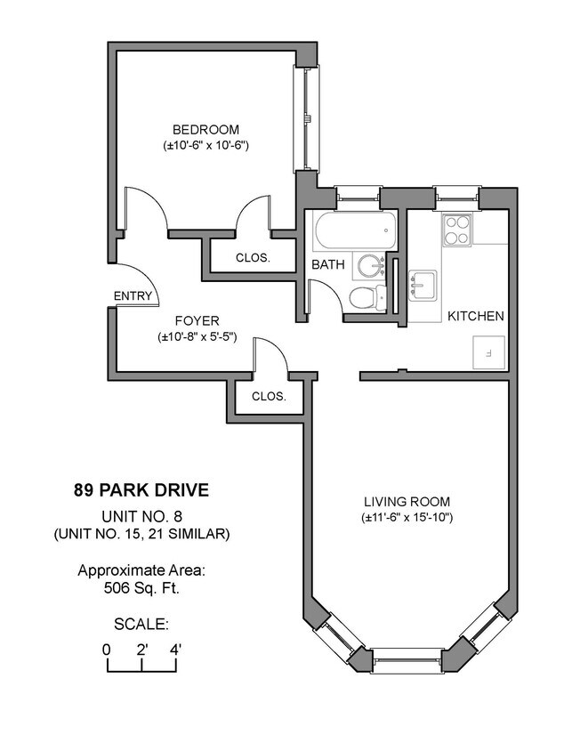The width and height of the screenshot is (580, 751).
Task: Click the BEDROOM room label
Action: tap(205, 128)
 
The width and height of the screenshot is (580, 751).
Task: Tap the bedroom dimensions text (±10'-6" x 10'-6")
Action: tap(205, 144)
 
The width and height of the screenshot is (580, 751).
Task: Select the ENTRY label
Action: tap(133, 297)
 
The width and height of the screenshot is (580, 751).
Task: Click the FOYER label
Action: tap(197, 320)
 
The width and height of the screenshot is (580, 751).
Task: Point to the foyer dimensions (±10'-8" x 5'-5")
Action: tap(197, 336)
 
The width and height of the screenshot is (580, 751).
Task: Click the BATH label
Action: tap(327, 264)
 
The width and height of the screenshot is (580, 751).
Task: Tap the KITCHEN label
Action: tap(475, 316)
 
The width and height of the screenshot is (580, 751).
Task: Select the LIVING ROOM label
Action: tap(408, 501)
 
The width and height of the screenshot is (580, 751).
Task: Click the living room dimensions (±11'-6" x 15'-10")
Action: tap(408, 517)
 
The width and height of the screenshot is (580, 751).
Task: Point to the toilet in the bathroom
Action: tap(366, 298)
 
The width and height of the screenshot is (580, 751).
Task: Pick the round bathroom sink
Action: tap(369, 265)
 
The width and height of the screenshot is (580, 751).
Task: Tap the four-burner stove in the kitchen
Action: tap(457, 230)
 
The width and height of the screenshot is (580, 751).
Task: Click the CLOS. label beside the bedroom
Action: tap(253, 258)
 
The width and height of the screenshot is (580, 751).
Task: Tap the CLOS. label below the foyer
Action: tap(269, 397)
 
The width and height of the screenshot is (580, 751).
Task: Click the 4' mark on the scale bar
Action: tap(175, 649)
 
